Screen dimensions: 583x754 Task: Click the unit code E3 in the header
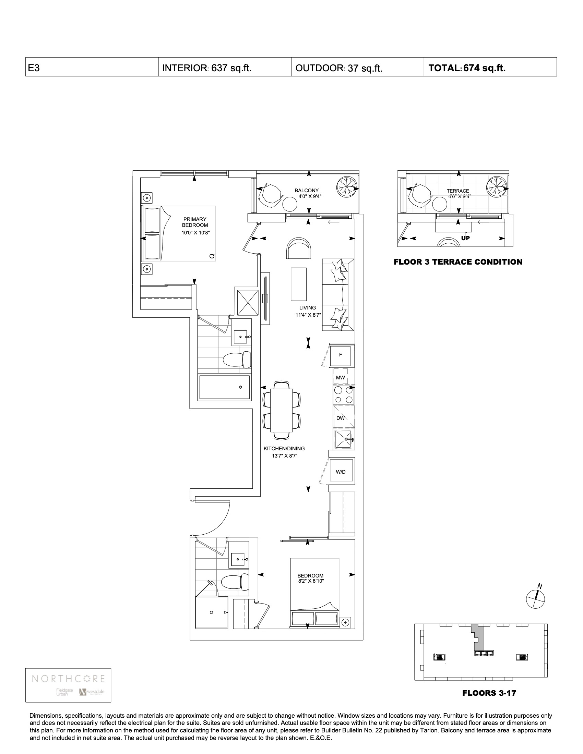click(x=34, y=68)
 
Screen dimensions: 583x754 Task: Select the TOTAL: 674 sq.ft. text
click(x=467, y=68)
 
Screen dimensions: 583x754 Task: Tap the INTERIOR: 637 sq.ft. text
click(x=206, y=68)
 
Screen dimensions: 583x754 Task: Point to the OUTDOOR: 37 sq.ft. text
click(x=339, y=68)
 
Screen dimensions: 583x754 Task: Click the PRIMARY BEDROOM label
click(x=195, y=222)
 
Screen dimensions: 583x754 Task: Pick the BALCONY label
click(x=307, y=190)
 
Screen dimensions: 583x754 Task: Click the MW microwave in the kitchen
click(x=341, y=377)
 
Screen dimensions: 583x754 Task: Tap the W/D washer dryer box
click(x=341, y=472)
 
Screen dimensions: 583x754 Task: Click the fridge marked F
click(x=341, y=355)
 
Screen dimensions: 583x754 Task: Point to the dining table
click(x=282, y=410)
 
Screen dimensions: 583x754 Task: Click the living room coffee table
click(x=298, y=284)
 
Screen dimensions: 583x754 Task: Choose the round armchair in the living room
click(x=299, y=248)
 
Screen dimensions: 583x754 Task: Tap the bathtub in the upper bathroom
click(x=225, y=387)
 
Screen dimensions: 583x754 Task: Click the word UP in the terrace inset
click(x=465, y=238)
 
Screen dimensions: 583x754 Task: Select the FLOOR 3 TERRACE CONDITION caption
click(x=458, y=262)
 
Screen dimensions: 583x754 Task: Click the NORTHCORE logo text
click(x=68, y=678)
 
